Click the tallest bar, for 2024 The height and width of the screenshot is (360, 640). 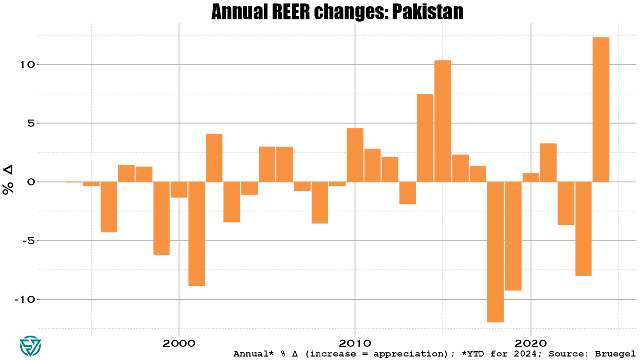[x=601, y=109]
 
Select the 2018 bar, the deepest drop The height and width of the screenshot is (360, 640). [x=495, y=252]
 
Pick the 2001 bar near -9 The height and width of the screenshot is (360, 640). [x=197, y=234]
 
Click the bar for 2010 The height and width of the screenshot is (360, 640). [x=355, y=155]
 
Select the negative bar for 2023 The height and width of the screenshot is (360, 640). [x=583, y=229]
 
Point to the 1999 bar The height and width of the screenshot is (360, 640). [x=161, y=218]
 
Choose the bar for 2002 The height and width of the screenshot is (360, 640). [x=214, y=158]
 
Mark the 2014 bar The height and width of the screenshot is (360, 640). [x=425, y=138]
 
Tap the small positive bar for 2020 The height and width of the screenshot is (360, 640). [x=531, y=177]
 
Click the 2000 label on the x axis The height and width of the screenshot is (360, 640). [x=179, y=343]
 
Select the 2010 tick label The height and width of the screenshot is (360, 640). [x=355, y=343]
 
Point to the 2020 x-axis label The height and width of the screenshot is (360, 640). [x=531, y=343]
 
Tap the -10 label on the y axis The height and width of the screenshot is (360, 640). [x=25, y=299]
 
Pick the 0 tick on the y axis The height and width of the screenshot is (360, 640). [x=31, y=182]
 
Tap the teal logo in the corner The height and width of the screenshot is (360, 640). [x=30, y=346]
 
